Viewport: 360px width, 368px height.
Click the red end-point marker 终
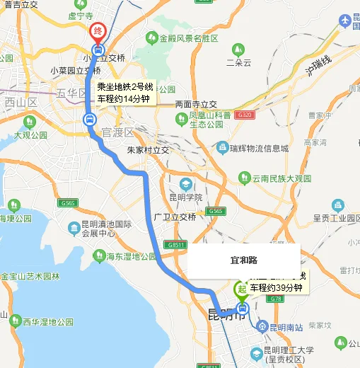[x=97, y=32]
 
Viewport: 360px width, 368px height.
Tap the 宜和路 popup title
[x=243, y=260]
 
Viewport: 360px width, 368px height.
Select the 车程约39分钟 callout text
[x=276, y=288]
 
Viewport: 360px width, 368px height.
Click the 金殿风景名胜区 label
[x=188, y=38]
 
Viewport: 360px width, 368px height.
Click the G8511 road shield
[x=177, y=245]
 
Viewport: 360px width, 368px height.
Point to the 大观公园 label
[x=29, y=134]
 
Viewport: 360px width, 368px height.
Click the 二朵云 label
[x=238, y=62]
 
